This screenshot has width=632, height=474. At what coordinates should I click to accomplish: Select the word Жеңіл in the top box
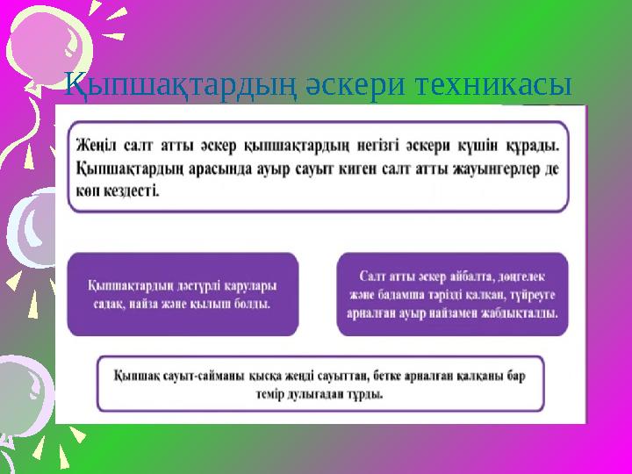(x=97, y=142)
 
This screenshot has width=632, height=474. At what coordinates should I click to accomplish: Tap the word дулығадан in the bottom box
(x=326, y=394)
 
